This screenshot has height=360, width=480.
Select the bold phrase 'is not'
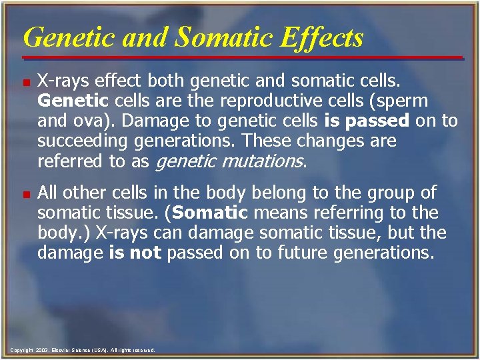(x=135, y=253)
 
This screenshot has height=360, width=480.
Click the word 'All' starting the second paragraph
(x=49, y=193)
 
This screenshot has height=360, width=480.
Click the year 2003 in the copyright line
(x=41, y=350)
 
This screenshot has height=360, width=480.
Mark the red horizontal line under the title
(x=240, y=58)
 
